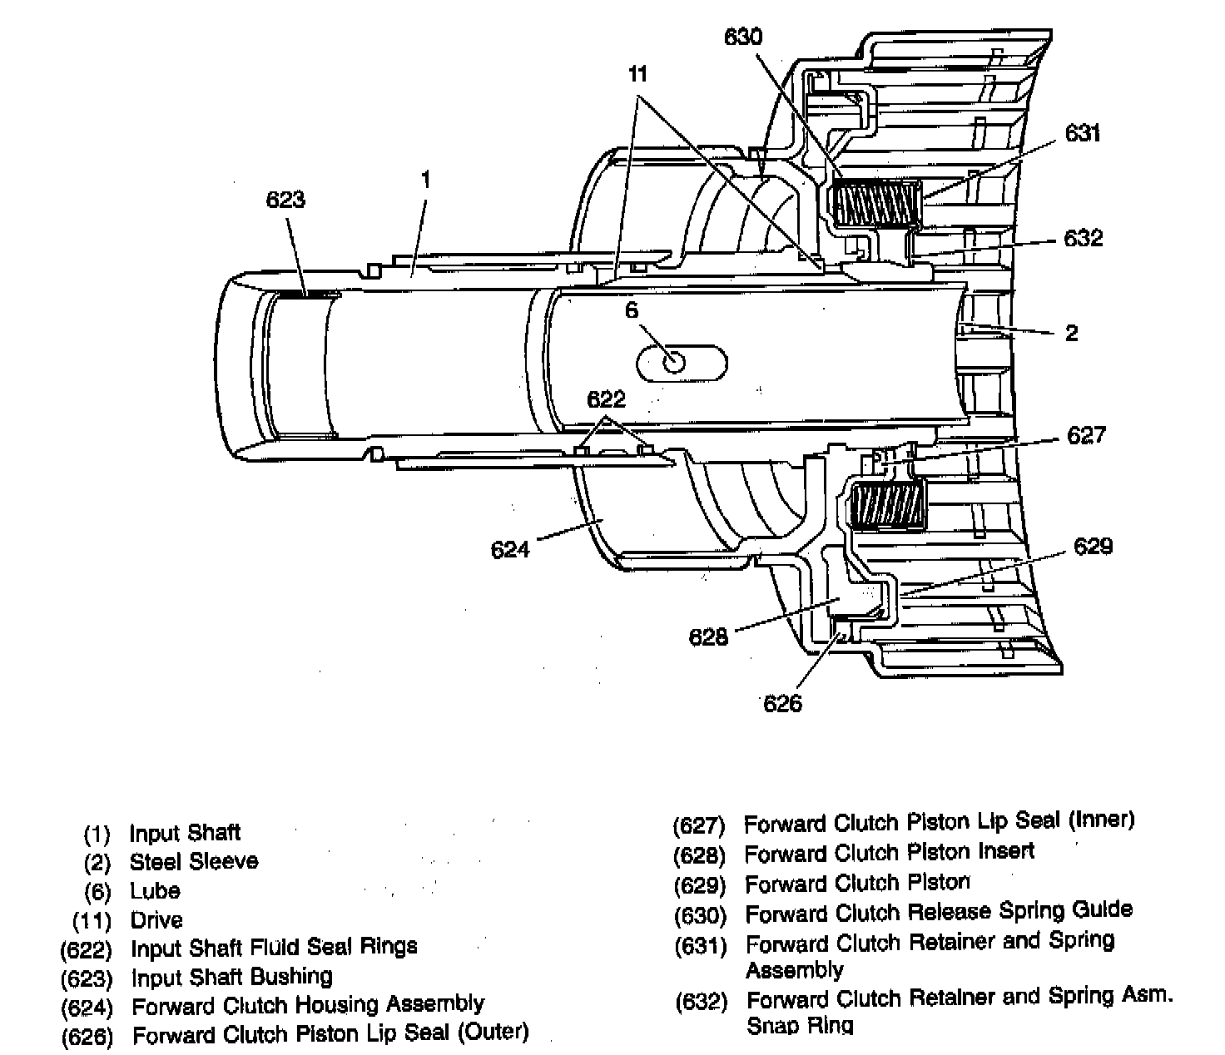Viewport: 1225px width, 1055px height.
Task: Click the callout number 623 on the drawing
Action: pos(285,200)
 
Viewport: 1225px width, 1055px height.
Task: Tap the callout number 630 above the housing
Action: pos(742,37)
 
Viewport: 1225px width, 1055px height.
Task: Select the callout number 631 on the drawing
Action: pos(1083,133)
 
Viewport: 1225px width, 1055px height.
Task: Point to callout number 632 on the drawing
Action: pos(1083,238)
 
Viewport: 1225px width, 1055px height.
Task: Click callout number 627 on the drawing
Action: pos(1086,435)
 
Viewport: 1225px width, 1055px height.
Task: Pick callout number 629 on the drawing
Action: pos(1093,546)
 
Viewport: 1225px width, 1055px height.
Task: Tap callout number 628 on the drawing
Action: pos(708,637)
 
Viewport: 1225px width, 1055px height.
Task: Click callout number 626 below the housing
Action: pos(782,704)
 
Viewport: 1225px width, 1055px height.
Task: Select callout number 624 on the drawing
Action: pos(510,550)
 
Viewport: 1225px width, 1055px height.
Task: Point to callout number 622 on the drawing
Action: pos(606,399)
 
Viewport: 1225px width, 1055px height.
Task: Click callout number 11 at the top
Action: pos(637,74)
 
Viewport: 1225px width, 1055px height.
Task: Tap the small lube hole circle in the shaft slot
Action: pos(672,363)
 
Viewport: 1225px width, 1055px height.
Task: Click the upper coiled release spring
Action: pos(877,204)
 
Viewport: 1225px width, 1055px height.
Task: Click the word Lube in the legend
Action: pos(155,891)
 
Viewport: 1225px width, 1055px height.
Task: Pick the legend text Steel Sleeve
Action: pos(194,861)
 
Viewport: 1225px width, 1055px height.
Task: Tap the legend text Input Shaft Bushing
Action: pos(231,976)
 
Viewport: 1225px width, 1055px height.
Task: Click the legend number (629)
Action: pos(699,885)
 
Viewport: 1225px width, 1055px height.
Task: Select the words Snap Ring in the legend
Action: pos(799,1025)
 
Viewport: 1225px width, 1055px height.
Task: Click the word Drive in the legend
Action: pos(156,920)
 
